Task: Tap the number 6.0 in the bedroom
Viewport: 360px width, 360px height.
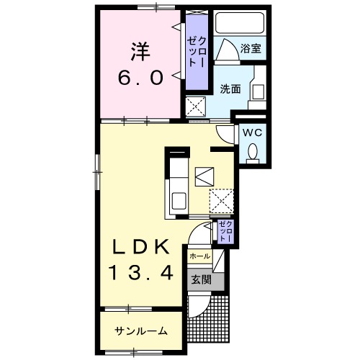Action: [x=141, y=76]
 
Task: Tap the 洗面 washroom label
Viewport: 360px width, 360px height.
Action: [x=230, y=89]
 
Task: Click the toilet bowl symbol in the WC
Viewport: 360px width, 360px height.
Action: [x=253, y=152]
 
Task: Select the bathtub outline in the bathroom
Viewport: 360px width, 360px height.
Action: [x=240, y=24]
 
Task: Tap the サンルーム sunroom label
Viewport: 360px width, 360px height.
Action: [x=141, y=330]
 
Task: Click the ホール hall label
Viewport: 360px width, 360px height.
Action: [x=199, y=256]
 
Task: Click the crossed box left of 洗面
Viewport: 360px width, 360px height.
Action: [x=195, y=107]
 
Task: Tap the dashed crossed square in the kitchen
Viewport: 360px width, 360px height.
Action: [x=220, y=201]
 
